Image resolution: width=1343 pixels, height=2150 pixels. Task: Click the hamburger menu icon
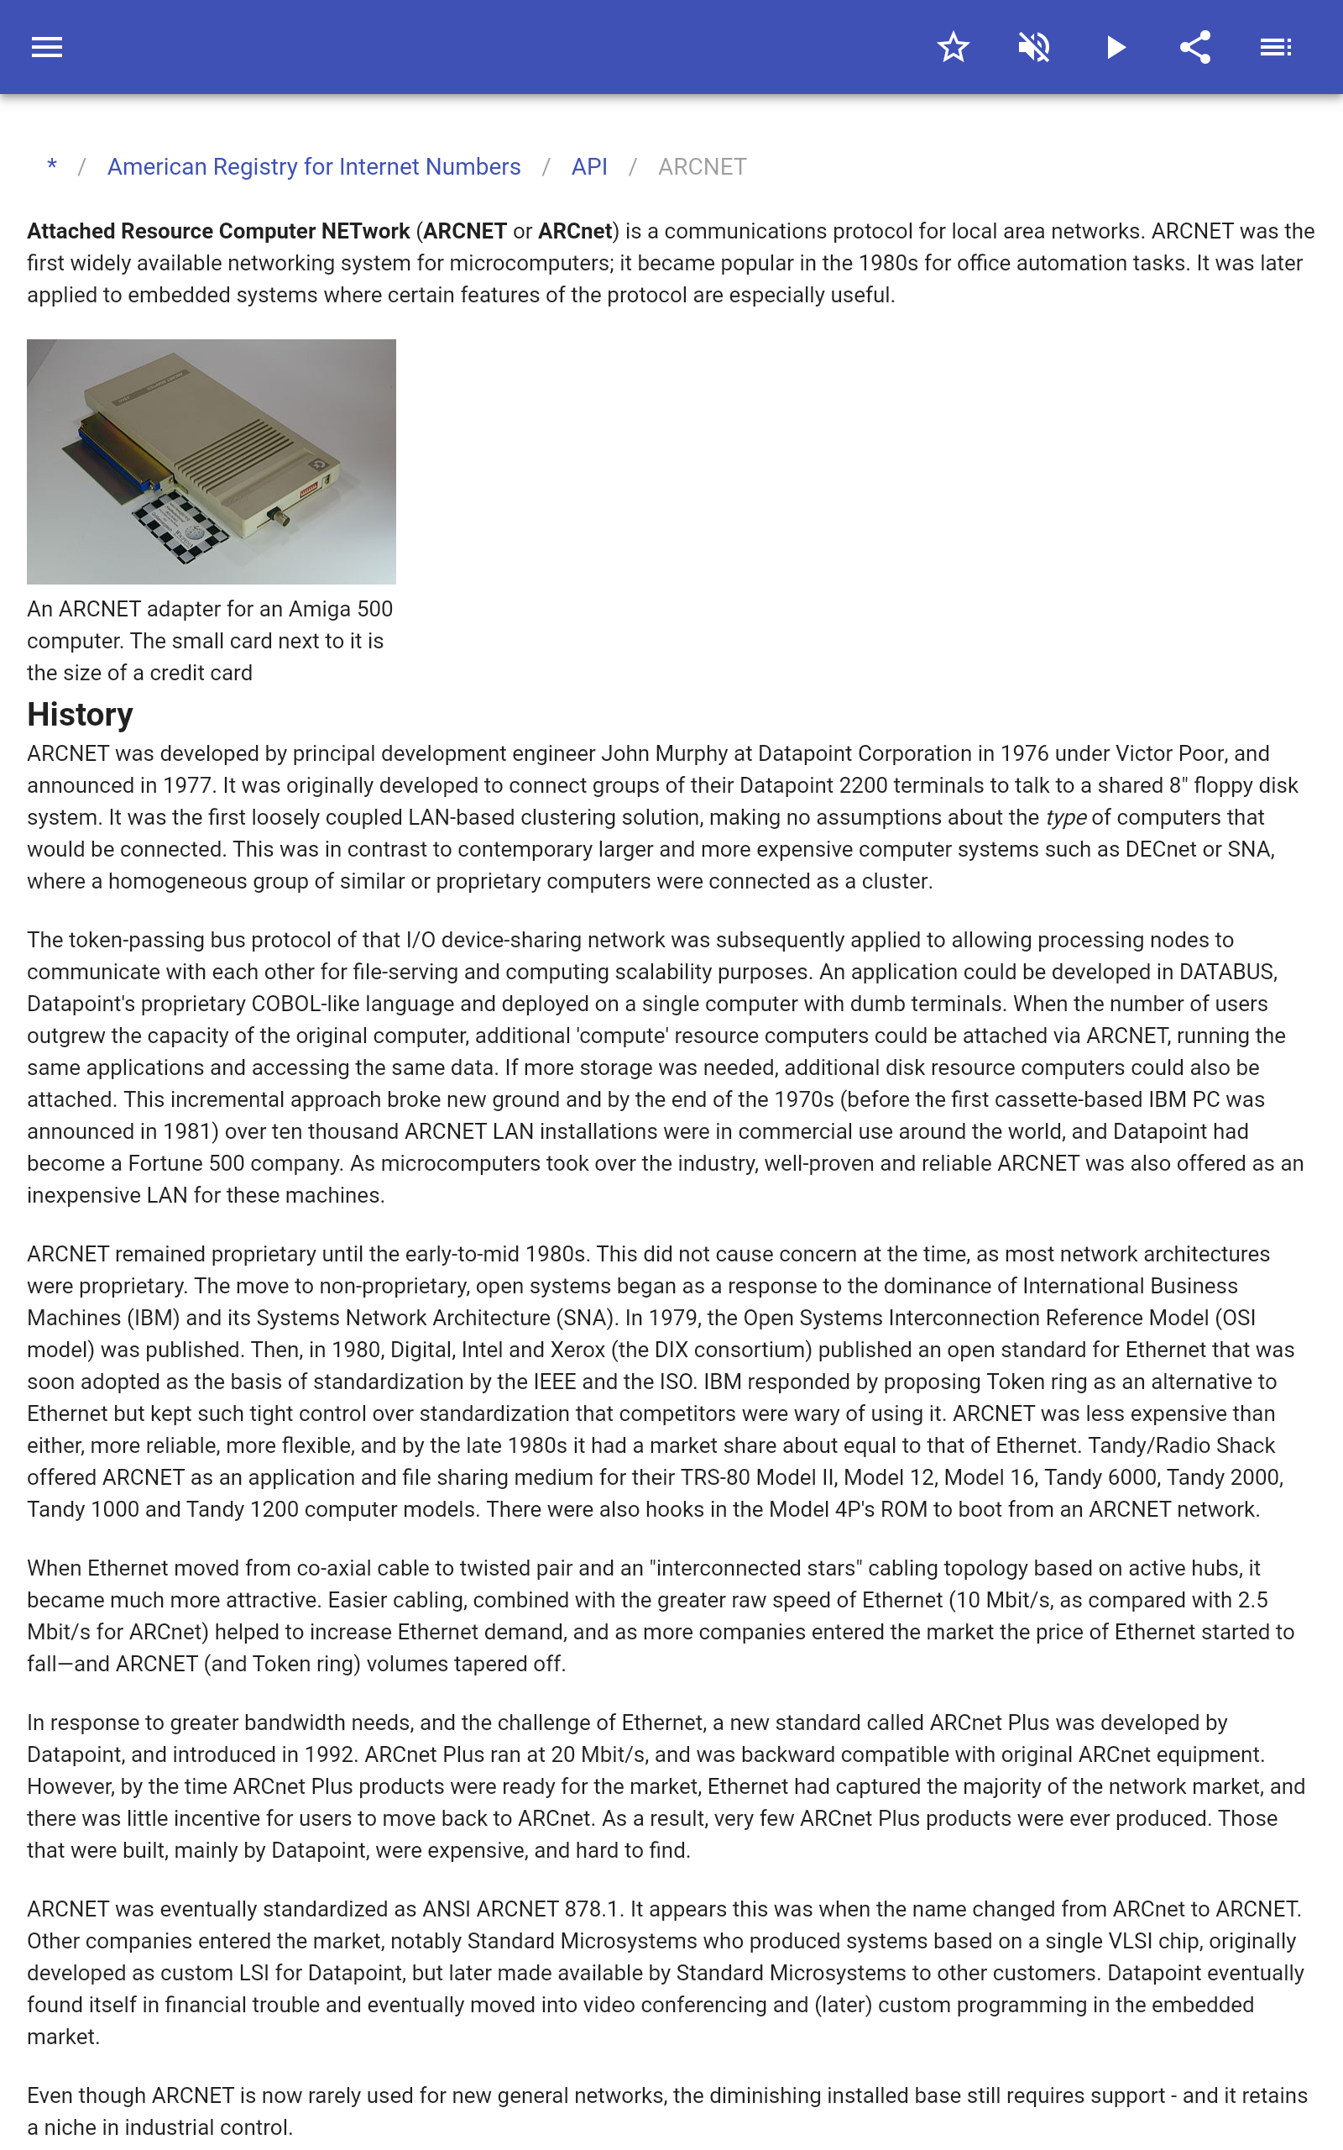pos(46,47)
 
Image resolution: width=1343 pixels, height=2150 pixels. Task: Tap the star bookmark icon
pos(953,47)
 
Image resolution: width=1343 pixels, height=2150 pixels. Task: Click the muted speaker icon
pos(1034,47)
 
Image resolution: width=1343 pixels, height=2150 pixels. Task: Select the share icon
pos(1195,47)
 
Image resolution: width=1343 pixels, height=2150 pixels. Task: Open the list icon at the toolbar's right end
pos(1276,47)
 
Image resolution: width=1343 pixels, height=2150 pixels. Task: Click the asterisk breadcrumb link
pos(52,166)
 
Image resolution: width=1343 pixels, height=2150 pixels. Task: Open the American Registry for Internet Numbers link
pos(314,167)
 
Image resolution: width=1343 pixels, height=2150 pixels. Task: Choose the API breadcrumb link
pos(589,167)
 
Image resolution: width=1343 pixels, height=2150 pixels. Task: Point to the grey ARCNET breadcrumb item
pos(702,167)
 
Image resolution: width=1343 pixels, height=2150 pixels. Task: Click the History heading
pos(80,715)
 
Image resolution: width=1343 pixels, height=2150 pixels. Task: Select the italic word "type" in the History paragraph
pos(1066,817)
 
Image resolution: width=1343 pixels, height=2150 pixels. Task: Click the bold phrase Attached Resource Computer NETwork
pos(218,231)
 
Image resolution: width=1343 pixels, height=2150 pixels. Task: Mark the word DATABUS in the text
pos(1226,972)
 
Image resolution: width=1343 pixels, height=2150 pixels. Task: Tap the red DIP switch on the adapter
pos(310,488)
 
